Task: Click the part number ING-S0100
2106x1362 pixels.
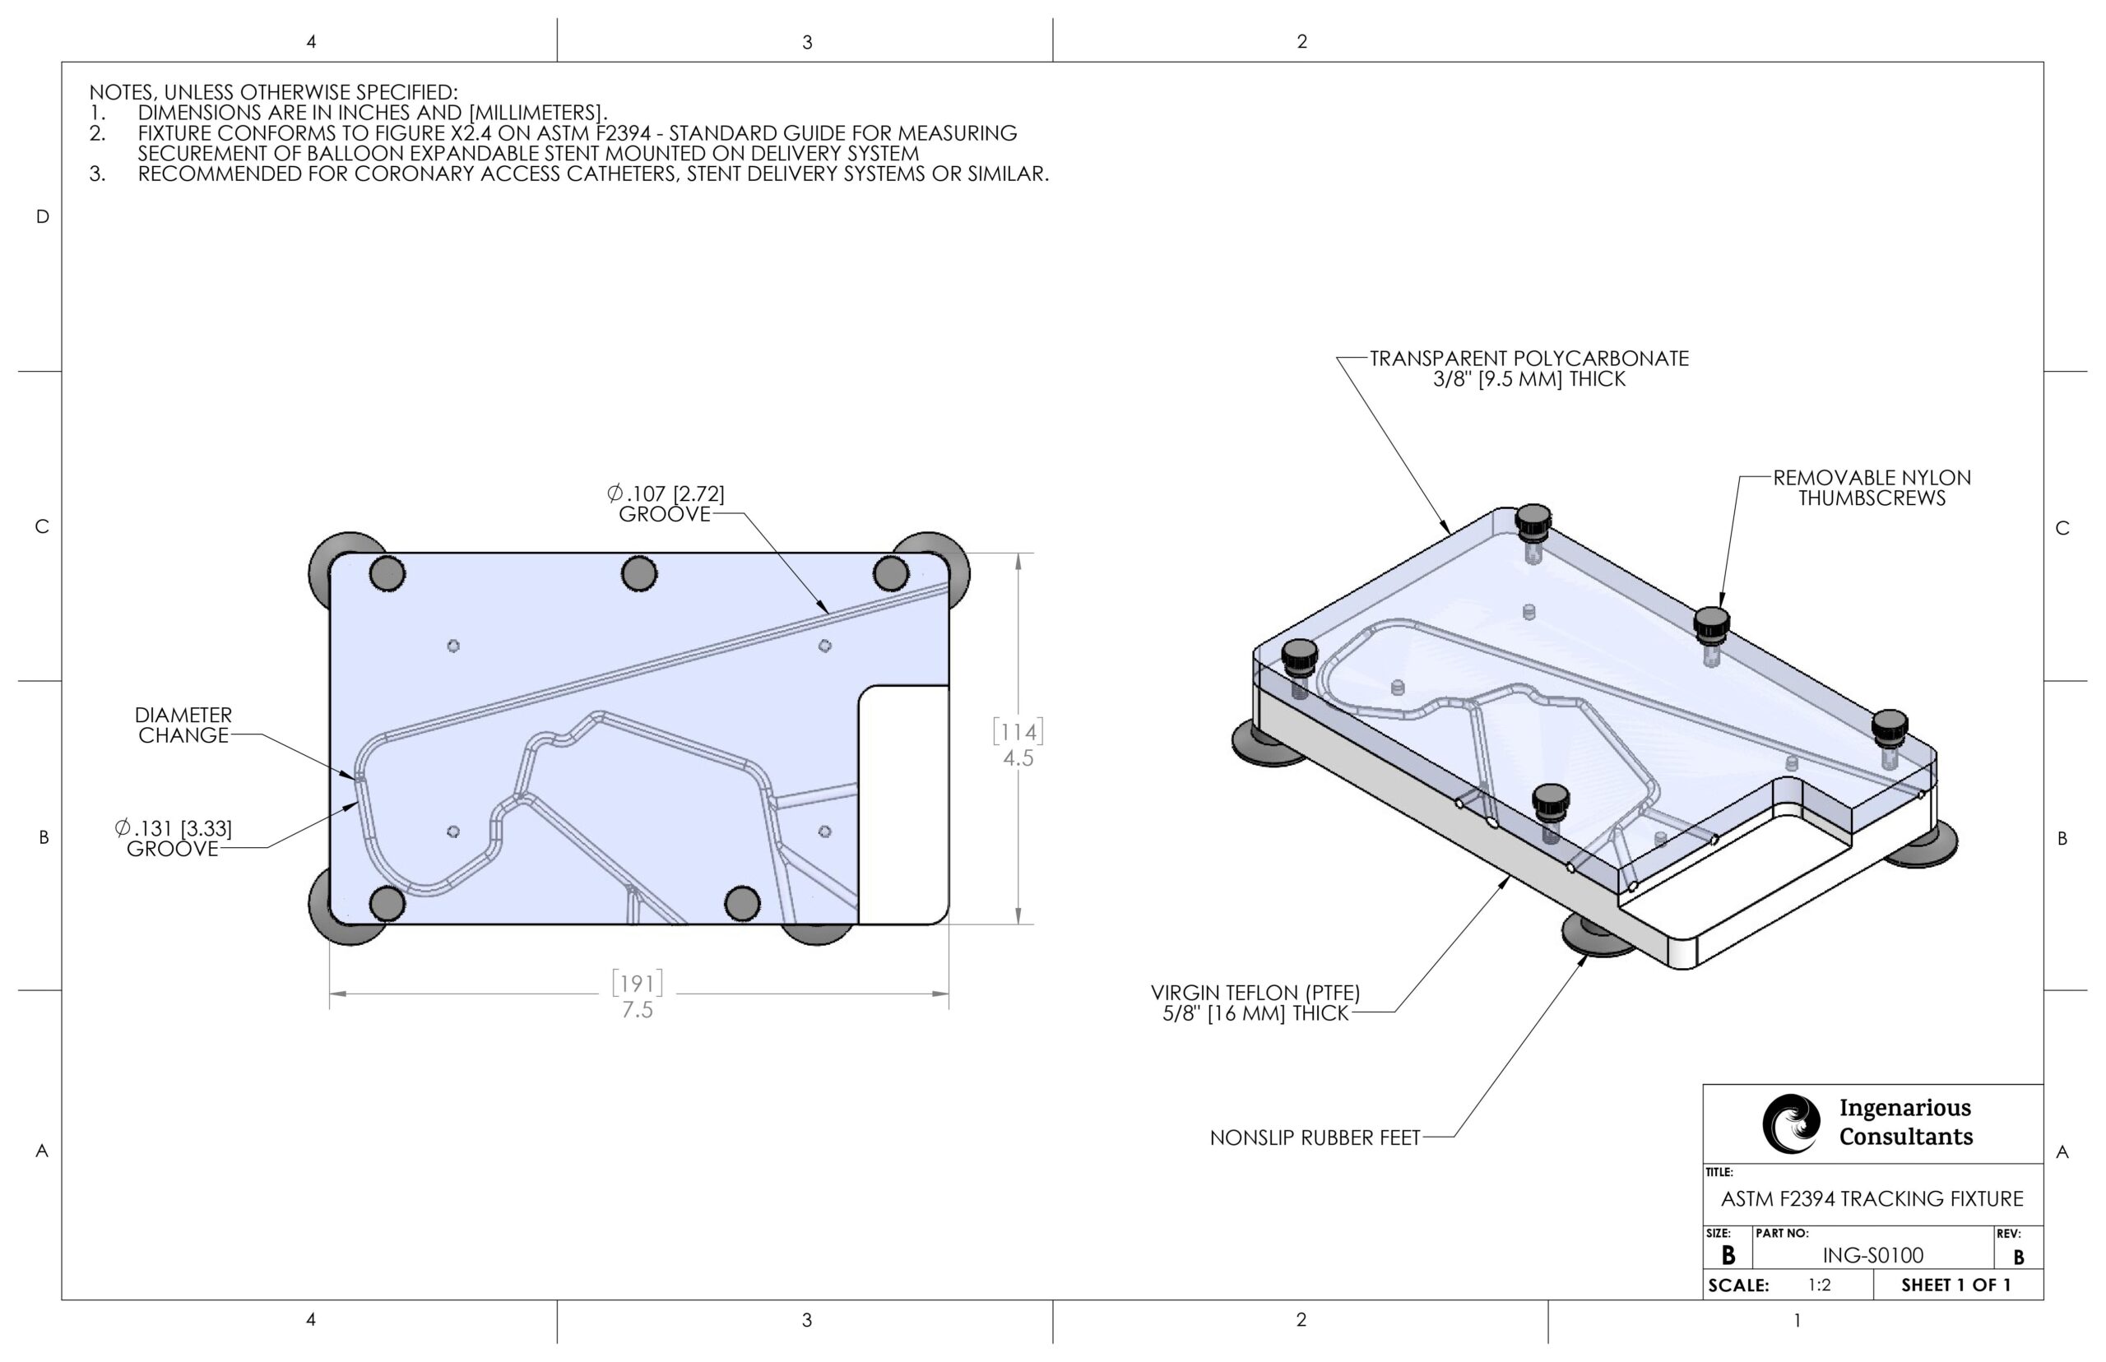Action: pos(1872,1255)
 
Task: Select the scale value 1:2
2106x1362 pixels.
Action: pos(1819,1285)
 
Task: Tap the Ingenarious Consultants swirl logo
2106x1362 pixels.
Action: pos(1790,1123)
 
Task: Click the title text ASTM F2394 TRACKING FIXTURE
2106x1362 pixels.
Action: pos(1872,1198)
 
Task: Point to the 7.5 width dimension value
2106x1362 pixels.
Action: pos(637,1009)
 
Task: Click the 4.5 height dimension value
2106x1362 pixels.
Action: pos(1018,758)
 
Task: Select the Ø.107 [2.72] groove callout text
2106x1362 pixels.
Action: pos(666,503)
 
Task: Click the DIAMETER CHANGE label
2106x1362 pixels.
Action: pos(183,725)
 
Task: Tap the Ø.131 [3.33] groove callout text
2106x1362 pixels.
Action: pos(174,838)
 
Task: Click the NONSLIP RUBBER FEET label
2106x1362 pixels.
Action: pos(1315,1137)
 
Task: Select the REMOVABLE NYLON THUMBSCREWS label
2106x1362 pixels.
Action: pos(1872,488)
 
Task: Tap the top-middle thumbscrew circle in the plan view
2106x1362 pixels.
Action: pos(638,573)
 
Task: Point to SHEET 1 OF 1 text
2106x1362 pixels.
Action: pos(1955,1285)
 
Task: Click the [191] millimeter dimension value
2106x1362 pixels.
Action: pos(637,984)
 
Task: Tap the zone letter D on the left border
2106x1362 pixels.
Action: pos(42,216)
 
